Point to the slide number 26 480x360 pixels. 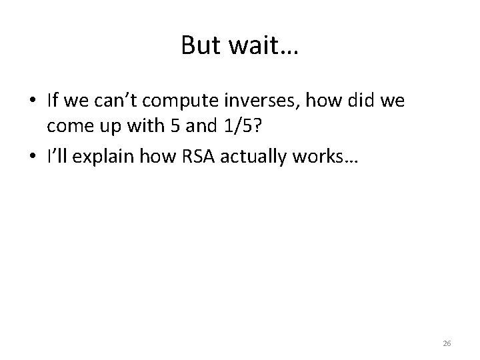pos(447,343)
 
